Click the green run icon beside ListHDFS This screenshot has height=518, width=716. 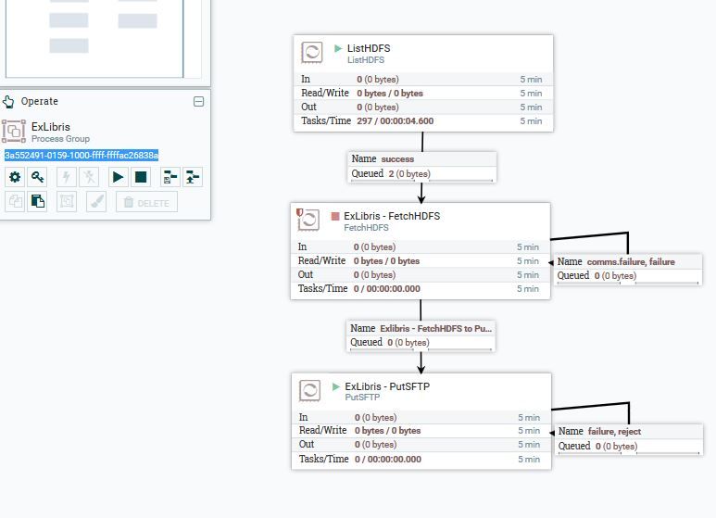[x=338, y=48]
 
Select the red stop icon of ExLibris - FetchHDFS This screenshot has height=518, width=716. [x=335, y=217]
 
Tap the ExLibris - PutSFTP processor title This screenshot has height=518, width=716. [x=386, y=386]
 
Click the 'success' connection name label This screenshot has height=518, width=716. [x=397, y=159]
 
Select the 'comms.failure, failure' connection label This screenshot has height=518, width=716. [x=630, y=262]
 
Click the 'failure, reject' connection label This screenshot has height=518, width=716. [x=614, y=432]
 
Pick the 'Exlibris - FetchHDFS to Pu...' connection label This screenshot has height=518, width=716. [x=435, y=328]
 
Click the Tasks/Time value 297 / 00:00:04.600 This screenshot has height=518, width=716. [x=395, y=121]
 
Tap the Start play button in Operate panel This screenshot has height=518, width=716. [x=118, y=177]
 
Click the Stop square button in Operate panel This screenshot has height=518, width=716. [x=141, y=177]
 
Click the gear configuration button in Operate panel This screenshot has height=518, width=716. [x=15, y=177]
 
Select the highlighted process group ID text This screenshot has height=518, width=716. [x=82, y=155]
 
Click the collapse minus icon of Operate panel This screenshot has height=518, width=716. [x=198, y=102]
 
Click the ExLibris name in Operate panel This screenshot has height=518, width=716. [x=50, y=127]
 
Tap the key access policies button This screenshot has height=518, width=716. [x=37, y=177]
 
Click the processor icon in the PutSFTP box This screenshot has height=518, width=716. [x=311, y=390]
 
